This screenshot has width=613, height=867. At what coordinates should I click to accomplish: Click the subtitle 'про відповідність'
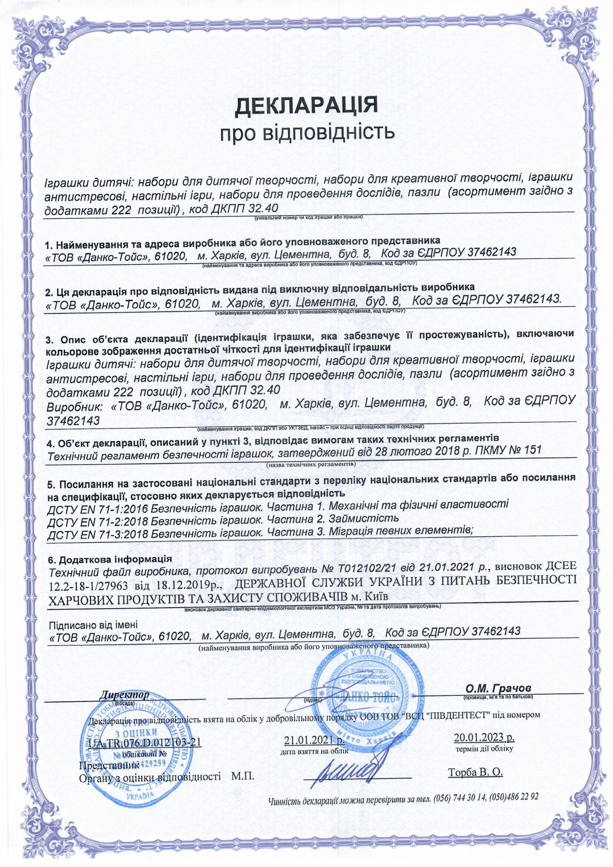(306, 132)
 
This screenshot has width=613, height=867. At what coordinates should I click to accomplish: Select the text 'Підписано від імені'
(94, 624)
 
